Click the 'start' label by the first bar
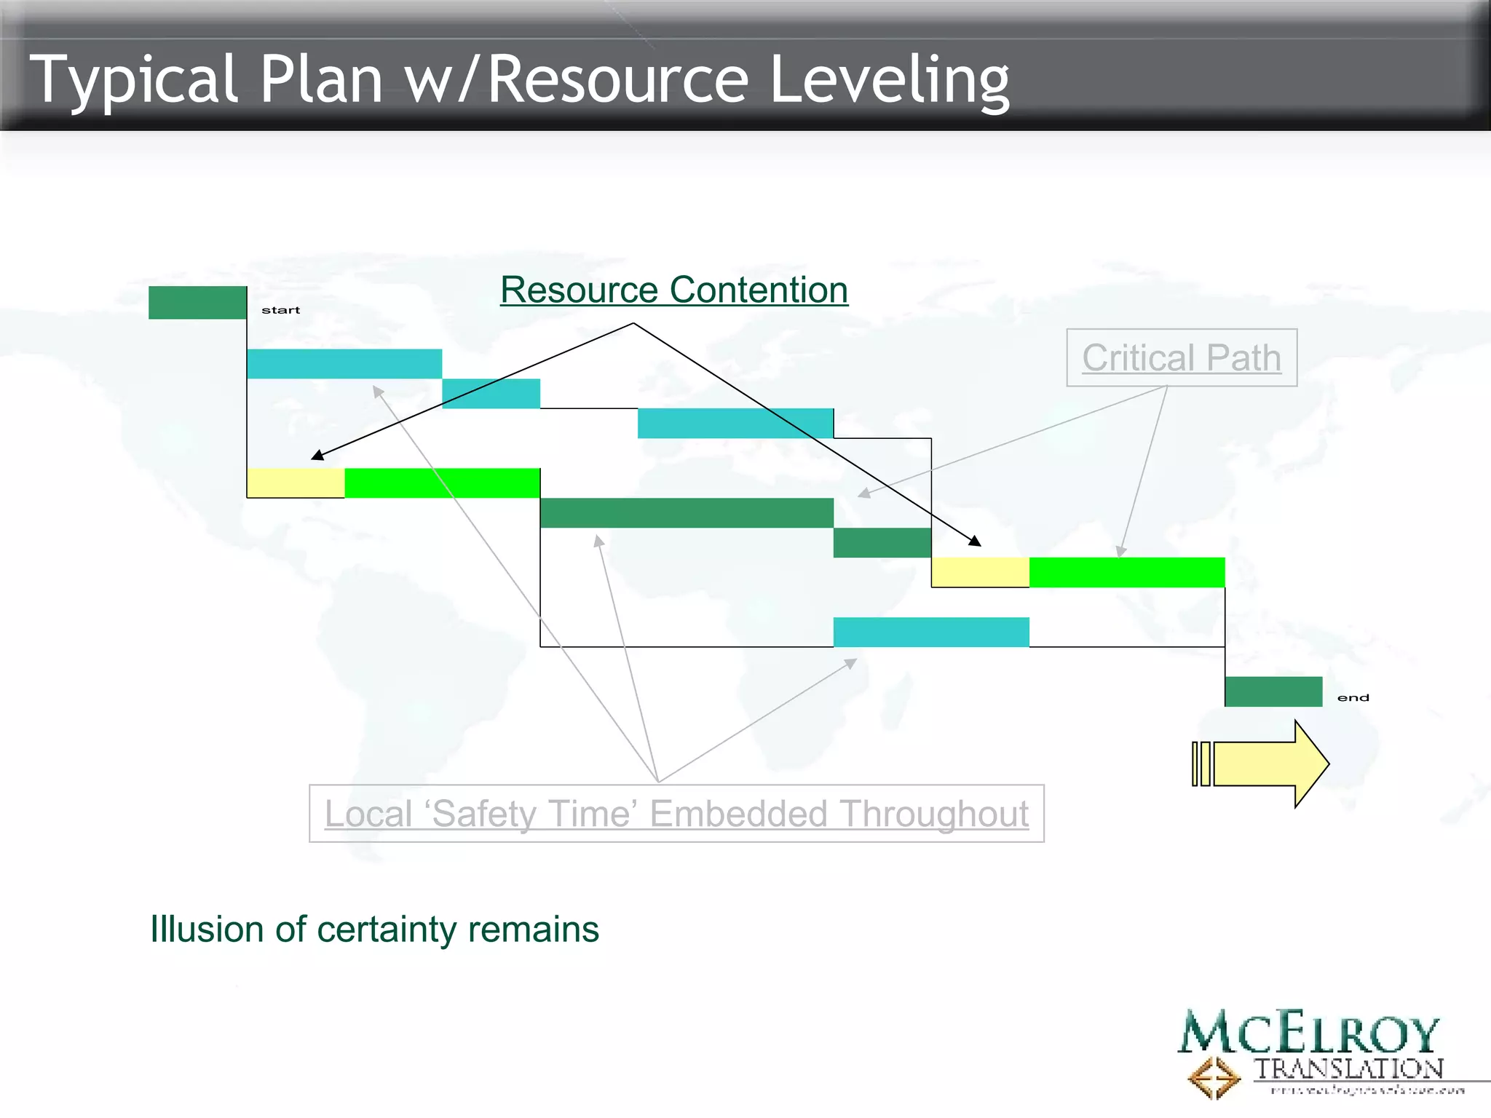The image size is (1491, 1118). pos(280,310)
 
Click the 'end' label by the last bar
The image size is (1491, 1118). pos(1353,698)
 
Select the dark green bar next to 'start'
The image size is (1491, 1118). pos(197,302)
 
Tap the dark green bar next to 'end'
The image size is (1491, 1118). pos(1273,691)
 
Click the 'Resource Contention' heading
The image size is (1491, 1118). pos(673,290)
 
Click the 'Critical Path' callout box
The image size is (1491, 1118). pos(1181,357)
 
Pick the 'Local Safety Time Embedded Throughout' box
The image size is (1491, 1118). pos(676,813)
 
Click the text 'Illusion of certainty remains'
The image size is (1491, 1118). pos(374,929)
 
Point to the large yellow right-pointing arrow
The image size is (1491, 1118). pos(1267,764)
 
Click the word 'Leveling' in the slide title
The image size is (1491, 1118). pos(889,80)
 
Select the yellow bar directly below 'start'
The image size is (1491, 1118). pos(295,483)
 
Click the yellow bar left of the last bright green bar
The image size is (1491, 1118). pos(980,572)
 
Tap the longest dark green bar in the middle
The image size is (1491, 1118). pos(687,512)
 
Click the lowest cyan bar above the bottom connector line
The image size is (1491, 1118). pos(930,632)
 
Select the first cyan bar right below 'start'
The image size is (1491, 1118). pos(344,363)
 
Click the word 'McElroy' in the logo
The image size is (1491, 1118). pos(1308,1033)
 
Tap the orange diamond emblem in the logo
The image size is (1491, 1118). pos(1213,1077)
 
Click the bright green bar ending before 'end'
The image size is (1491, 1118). pos(1126,572)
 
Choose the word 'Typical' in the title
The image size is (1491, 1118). pos(133,80)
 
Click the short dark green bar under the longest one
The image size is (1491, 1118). pos(882,542)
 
